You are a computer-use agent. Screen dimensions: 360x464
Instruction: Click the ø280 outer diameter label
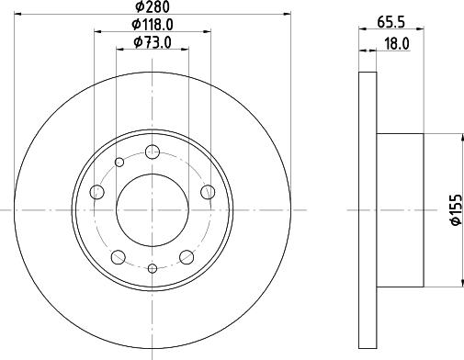153,7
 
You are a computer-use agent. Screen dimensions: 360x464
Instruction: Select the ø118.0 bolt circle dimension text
153,25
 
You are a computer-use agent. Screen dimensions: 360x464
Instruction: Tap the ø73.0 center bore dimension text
153,42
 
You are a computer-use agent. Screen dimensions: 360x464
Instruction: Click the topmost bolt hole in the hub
153,152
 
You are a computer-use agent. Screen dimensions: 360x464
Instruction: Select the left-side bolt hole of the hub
97,192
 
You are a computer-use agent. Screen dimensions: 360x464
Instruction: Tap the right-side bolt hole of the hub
209,192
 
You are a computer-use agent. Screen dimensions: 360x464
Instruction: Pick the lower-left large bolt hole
119,256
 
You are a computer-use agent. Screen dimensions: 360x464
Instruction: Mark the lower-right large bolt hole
187,256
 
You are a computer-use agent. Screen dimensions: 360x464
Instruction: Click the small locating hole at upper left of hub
119,163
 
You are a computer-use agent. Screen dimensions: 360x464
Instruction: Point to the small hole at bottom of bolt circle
153,268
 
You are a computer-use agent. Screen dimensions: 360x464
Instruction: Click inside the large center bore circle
153,210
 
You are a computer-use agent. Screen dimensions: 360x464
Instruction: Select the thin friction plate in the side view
367,211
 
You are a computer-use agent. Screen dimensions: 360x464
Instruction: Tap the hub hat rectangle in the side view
400,210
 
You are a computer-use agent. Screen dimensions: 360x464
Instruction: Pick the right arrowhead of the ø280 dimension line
286,16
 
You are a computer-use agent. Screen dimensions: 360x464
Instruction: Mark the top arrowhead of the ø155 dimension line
457,138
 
